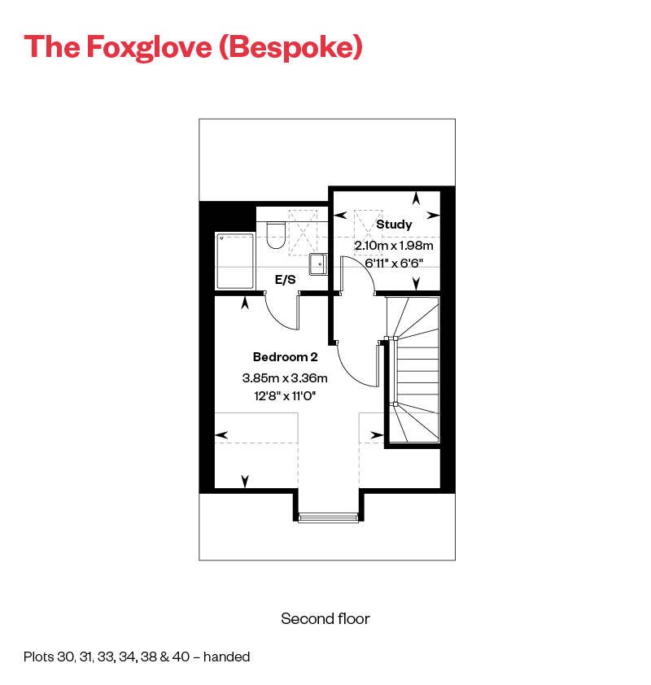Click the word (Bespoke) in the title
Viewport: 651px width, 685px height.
tap(291, 47)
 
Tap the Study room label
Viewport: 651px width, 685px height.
tap(394, 225)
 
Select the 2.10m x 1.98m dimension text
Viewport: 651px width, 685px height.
tap(394, 245)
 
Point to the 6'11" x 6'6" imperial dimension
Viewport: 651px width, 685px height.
tap(394, 263)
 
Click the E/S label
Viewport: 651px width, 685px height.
tap(285, 280)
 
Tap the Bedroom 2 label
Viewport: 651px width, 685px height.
tap(285, 357)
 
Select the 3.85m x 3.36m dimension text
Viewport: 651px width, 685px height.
tap(285, 377)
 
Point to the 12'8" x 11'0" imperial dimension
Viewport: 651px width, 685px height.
tap(285, 396)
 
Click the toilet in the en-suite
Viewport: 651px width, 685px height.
tap(275, 234)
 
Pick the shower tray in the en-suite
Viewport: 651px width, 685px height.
tap(235, 261)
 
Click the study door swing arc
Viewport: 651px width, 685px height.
tap(359, 272)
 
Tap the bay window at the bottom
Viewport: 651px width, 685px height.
tap(328, 516)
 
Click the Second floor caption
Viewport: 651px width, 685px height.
tap(325, 619)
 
